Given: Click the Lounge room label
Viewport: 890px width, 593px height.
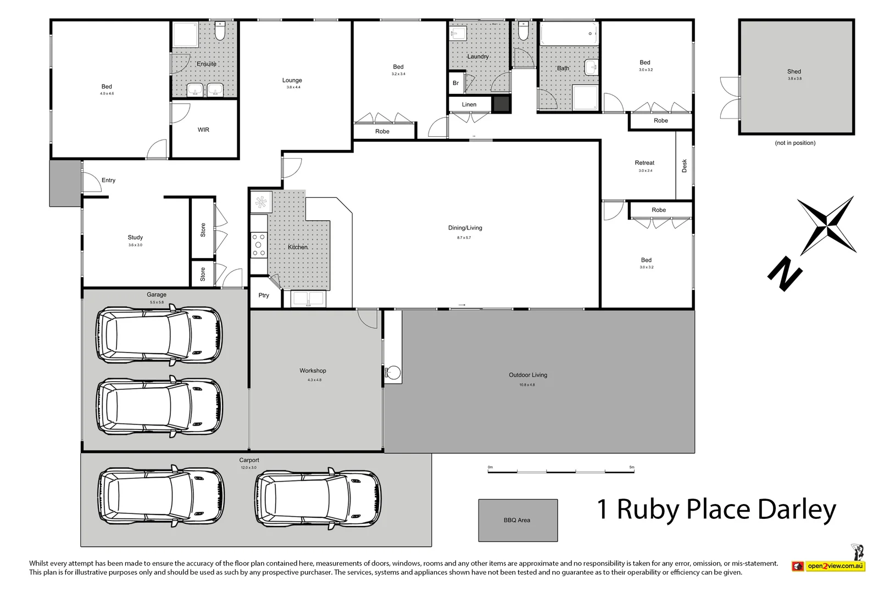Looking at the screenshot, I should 292,80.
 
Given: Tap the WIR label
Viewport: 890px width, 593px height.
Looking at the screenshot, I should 203,130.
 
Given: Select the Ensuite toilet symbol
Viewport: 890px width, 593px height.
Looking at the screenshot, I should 220,32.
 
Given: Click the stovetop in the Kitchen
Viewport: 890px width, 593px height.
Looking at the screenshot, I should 258,245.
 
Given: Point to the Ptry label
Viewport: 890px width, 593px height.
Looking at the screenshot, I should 264,295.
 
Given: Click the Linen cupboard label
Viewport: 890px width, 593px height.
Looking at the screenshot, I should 469,104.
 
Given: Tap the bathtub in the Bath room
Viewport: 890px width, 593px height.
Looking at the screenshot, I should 569,33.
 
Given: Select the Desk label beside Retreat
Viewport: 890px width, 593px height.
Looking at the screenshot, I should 685,166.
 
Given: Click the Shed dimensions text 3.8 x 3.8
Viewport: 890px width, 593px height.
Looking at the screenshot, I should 794,79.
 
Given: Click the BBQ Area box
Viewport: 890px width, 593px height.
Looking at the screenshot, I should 518,520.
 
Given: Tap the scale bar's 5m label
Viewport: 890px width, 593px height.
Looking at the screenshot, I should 632,467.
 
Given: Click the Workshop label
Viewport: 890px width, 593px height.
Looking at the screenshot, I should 313,371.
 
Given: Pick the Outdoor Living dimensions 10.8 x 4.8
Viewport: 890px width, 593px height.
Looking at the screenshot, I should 527,385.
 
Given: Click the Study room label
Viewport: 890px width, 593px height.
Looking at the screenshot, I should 135,237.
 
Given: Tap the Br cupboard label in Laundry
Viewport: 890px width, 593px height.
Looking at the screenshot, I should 455,83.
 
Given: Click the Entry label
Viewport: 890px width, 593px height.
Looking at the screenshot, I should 108,180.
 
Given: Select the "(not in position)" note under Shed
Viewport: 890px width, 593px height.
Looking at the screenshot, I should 795,143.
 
